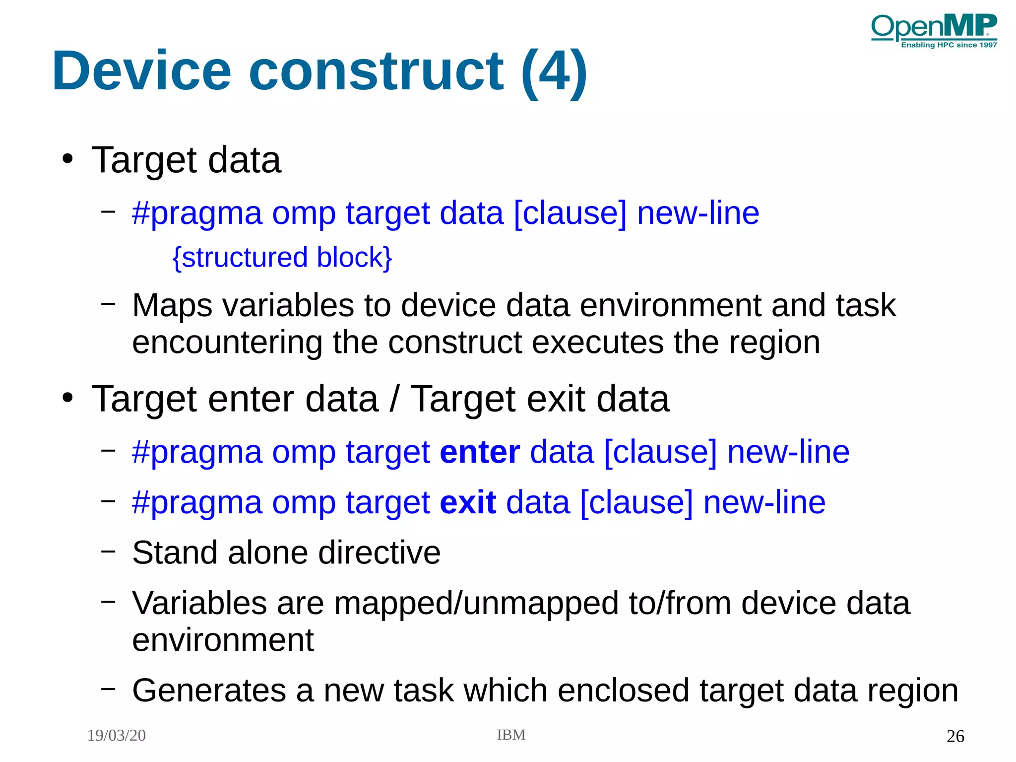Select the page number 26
point(955,736)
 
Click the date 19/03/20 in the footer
point(117,735)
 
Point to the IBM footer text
point(511,735)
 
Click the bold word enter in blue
point(480,452)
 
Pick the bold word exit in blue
point(468,502)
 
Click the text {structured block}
point(282,258)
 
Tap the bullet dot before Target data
point(67,159)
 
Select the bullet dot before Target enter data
point(67,398)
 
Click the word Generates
point(209,691)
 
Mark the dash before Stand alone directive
point(108,551)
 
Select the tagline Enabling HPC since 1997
point(949,45)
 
